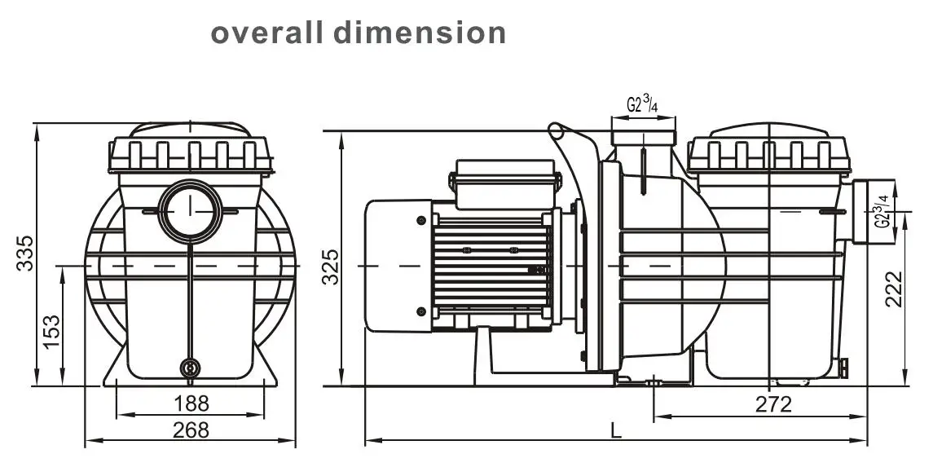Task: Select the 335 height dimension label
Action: pos(25,253)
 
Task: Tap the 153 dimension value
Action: pos(51,331)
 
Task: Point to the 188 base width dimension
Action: pos(191,403)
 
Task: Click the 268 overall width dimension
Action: pos(191,430)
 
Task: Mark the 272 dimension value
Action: pos(772,404)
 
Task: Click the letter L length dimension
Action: pos(614,428)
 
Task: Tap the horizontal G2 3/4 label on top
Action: pos(643,104)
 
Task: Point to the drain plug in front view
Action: pos(190,368)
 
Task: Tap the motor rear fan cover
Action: pos(397,266)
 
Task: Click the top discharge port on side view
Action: pos(643,134)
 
